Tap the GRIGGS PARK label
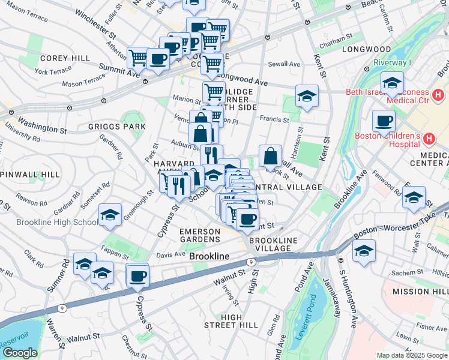116,127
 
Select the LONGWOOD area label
366,49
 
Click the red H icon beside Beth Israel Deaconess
439,95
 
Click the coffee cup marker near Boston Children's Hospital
383,121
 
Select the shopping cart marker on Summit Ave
139,58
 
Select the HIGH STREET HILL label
231,321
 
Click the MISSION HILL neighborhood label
420,291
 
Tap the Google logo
20,353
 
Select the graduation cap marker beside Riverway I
392,82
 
